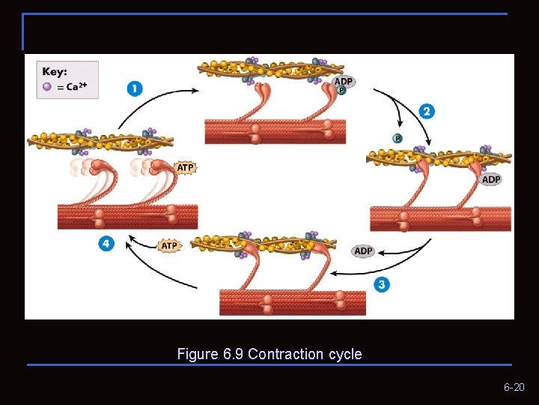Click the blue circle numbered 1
pyautogui.click(x=135, y=88)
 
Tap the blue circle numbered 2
pyautogui.click(x=427, y=112)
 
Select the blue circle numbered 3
pyautogui.click(x=383, y=284)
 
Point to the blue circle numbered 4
pyautogui.click(x=107, y=244)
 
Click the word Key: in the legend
pyautogui.click(x=55, y=72)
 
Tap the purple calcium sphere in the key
pyautogui.click(x=47, y=86)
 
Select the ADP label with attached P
pyautogui.click(x=343, y=82)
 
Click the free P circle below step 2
pyautogui.click(x=398, y=138)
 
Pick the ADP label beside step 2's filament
pyautogui.click(x=491, y=179)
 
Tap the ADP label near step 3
pyautogui.click(x=363, y=251)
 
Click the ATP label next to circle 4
pyautogui.click(x=170, y=245)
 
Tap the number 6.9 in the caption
pyautogui.click(x=234, y=354)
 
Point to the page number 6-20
pyautogui.click(x=514, y=388)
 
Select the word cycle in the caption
pyautogui.click(x=345, y=354)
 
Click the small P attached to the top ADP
pyautogui.click(x=341, y=90)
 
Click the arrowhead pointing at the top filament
pyautogui.click(x=195, y=91)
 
